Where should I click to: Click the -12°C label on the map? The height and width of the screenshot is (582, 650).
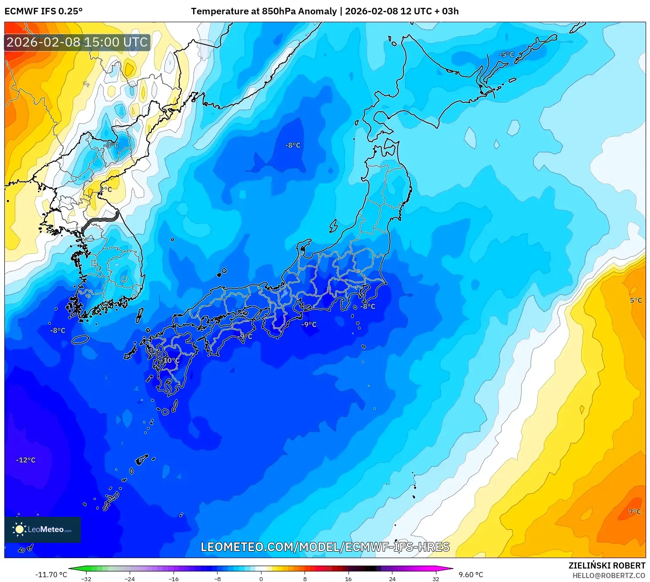point(26,460)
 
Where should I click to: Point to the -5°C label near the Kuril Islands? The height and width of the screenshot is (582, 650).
point(506,55)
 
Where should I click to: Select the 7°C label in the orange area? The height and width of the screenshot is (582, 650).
point(635,512)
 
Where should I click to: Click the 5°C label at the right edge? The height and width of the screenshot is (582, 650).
point(636,300)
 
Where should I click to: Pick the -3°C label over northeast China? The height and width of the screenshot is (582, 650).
point(112,145)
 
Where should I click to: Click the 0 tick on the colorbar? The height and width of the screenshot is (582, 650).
point(261,579)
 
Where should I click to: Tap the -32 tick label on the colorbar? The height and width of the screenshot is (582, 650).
point(86,579)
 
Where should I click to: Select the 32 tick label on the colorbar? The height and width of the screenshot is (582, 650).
point(436,579)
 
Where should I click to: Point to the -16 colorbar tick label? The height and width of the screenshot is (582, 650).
point(173,579)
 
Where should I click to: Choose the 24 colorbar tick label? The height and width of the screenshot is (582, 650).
point(392,579)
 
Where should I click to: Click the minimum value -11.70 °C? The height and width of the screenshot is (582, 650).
point(51,575)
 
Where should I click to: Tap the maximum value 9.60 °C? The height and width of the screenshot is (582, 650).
point(471,575)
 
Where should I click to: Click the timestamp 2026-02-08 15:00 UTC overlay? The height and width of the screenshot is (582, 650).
point(77,42)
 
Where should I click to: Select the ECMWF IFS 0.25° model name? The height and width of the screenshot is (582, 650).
point(44,11)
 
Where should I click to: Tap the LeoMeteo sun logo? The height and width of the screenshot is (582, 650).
point(19,529)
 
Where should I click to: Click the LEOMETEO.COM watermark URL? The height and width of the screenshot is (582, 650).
point(325,547)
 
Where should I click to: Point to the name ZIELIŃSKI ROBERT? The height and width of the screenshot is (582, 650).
point(607,565)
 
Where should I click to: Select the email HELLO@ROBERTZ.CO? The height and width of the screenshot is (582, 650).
point(609,575)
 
